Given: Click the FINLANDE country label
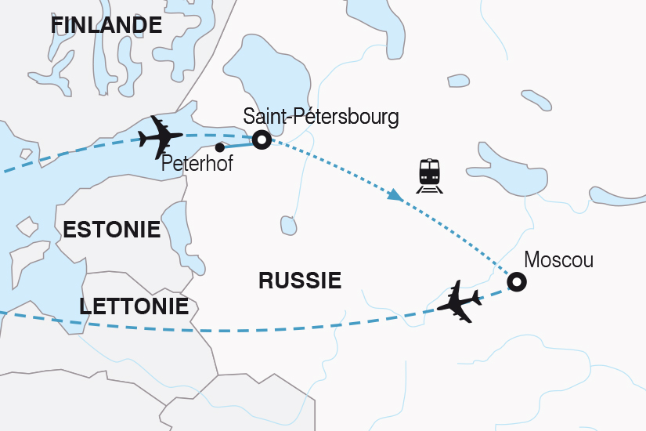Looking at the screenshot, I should (x=106, y=25).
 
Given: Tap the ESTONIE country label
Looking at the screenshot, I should (x=111, y=230).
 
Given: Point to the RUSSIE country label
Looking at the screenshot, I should (x=300, y=280).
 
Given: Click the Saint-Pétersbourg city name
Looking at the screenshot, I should (x=320, y=118).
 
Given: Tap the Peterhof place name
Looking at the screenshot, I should (x=196, y=165).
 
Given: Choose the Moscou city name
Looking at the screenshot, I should (x=558, y=259).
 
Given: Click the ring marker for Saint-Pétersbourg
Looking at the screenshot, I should (x=262, y=139).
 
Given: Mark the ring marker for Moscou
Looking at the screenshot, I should (x=517, y=281).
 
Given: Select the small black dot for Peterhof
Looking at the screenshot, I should (x=220, y=147).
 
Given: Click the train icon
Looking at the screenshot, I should (x=429, y=175).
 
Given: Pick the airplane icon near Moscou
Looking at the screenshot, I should (x=460, y=300).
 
